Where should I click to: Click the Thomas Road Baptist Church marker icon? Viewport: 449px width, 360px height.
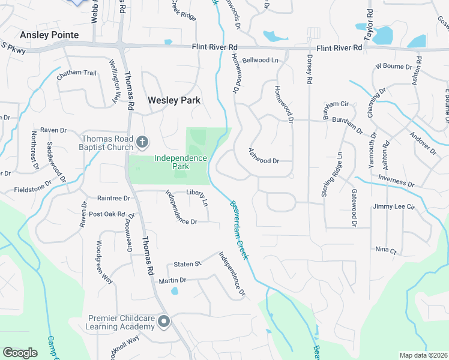point(142,142)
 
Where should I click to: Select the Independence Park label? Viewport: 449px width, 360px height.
point(181,163)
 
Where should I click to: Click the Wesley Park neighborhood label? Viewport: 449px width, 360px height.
point(174,101)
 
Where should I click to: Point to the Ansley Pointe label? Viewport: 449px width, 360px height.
point(49,35)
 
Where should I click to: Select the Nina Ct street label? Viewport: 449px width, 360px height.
point(385,249)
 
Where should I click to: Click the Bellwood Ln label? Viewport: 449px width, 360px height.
point(261,60)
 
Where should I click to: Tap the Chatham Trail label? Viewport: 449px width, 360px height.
point(76,73)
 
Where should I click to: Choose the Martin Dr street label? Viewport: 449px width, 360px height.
point(172,280)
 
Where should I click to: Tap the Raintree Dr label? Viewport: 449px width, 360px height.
point(113,198)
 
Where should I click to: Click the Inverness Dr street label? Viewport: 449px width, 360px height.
point(396,181)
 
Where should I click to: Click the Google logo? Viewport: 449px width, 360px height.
point(20,353)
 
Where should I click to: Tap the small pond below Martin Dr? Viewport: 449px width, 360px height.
point(175,292)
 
